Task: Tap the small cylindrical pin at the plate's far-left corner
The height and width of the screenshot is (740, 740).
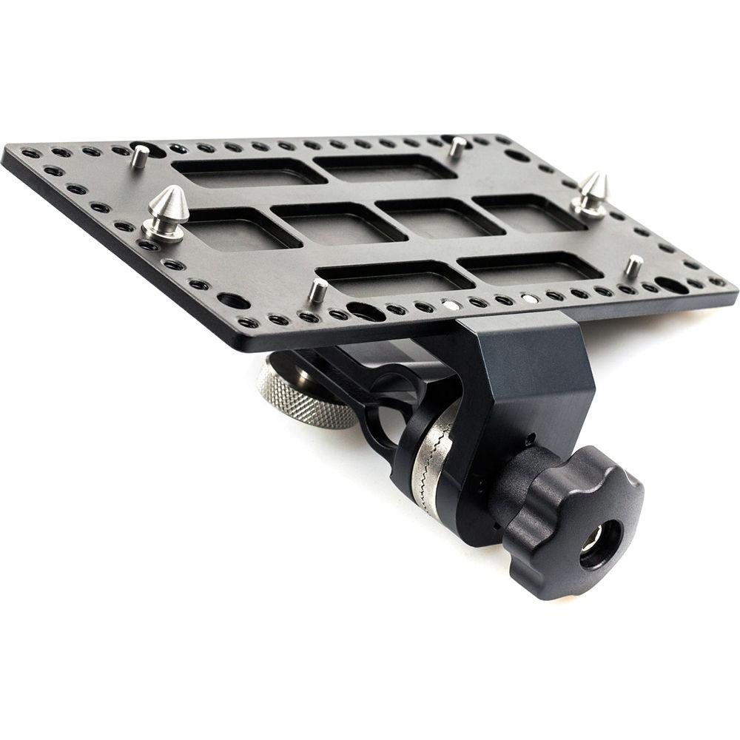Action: point(139,156)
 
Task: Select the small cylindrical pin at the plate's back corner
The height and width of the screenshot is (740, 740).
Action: point(458,147)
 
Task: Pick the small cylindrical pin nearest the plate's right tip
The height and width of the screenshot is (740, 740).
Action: point(633,266)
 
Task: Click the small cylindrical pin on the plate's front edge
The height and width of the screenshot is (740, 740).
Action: point(317,290)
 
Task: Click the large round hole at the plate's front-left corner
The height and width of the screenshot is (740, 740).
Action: point(232,300)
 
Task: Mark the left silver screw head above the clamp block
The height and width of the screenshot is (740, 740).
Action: point(449,303)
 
